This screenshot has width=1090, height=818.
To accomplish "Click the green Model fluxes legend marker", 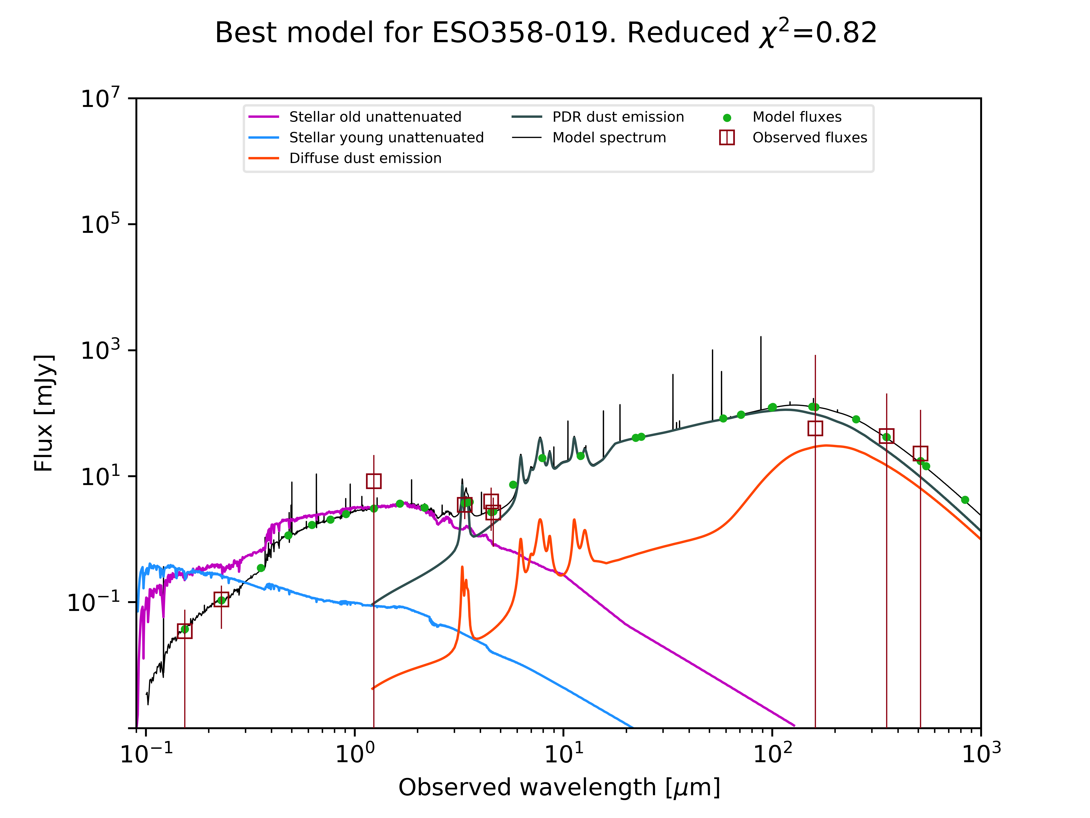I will [727, 118].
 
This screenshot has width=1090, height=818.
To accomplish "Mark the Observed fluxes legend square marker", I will [727, 138].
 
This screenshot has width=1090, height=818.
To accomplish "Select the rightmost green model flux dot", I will [965, 500].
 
